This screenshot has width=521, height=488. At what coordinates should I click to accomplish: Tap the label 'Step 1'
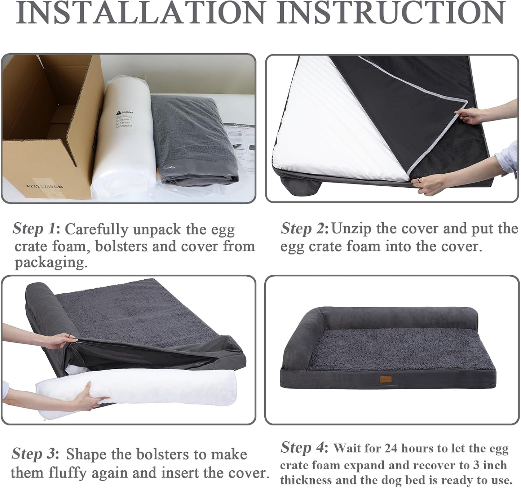coord(34,229)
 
